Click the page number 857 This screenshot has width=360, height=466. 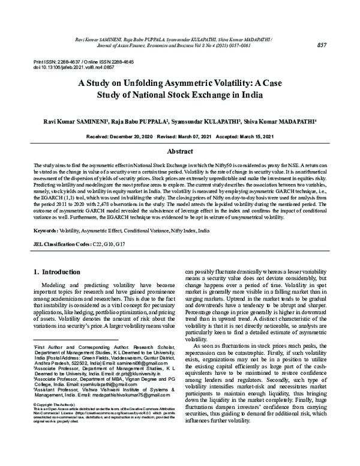(x=322, y=45)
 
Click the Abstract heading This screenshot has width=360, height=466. (x=179, y=152)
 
